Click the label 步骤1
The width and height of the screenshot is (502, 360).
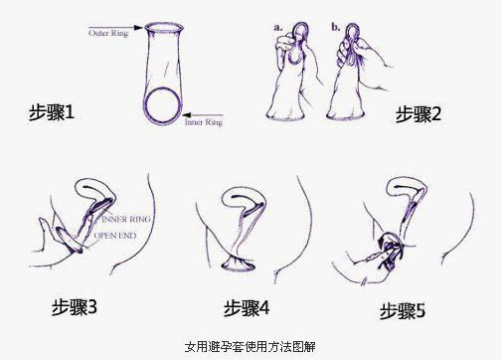coord(52,112)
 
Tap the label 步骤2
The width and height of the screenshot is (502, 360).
coord(418,114)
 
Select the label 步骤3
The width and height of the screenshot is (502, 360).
coord(75,307)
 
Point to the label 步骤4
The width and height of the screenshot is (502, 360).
coord(247,308)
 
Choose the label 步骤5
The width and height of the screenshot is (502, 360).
coord(403,311)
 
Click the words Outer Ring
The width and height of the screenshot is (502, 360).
coord(108,33)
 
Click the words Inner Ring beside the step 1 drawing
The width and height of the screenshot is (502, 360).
coord(204,122)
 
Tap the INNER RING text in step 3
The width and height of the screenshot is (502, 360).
coord(126,219)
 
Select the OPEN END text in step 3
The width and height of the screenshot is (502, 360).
coord(115,236)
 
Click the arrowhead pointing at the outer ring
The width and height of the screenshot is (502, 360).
coord(138,27)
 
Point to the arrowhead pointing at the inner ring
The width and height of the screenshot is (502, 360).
coord(188,115)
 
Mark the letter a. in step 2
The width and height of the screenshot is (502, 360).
coord(278,28)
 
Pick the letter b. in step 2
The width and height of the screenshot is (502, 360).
coord(336,27)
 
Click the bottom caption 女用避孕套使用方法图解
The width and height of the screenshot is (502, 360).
coord(251,347)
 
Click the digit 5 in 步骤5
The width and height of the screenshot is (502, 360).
coord(420,311)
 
